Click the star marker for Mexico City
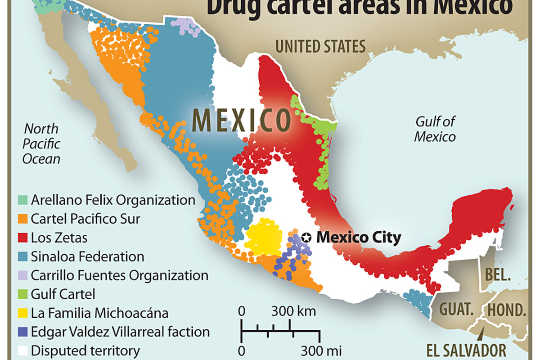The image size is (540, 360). tap(306, 237)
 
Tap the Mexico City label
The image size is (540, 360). tap(358, 237)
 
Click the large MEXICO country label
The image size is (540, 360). tap(241, 120)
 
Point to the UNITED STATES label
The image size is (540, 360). tap(320, 46)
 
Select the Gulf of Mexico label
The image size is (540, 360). tap(435, 129)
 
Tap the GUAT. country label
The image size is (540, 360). tap(457, 310)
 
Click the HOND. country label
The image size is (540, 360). tap(507, 310)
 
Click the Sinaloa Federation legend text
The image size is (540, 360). tap(87, 256)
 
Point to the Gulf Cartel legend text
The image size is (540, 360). tap(63, 294)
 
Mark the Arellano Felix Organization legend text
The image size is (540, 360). tap(113, 200)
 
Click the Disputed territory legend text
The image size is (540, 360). tap(85, 351)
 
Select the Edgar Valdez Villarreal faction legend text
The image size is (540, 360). tap(120, 332)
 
